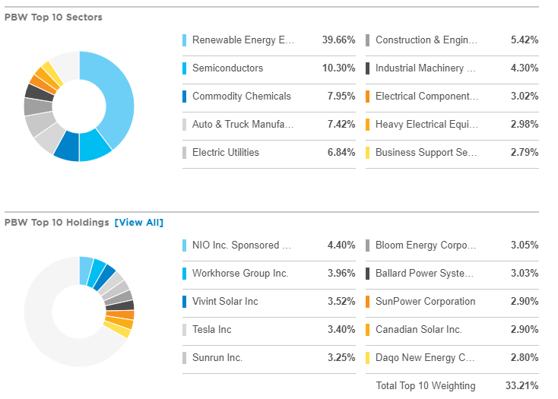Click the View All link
click(x=138, y=223)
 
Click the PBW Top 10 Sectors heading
click(x=53, y=17)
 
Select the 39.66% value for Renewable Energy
click(x=338, y=40)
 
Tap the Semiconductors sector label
click(x=227, y=68)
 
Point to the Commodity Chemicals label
click(x=241, y=97)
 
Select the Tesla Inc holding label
click(x=212, y=330)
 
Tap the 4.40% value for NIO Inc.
click(x=341, y=245)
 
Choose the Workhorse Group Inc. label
click(x=240, y=274)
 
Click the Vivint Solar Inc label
click(x=225, y=302)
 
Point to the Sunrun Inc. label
click(x=217, y=358)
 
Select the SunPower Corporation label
click(x=425, y=302)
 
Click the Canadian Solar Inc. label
click(x=418, y=330)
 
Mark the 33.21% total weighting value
click(x=522, y=386)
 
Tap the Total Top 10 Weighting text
click(x=425, y=386)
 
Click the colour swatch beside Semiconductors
click(x=185, y=68)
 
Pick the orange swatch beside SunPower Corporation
click(x=368, y=302)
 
